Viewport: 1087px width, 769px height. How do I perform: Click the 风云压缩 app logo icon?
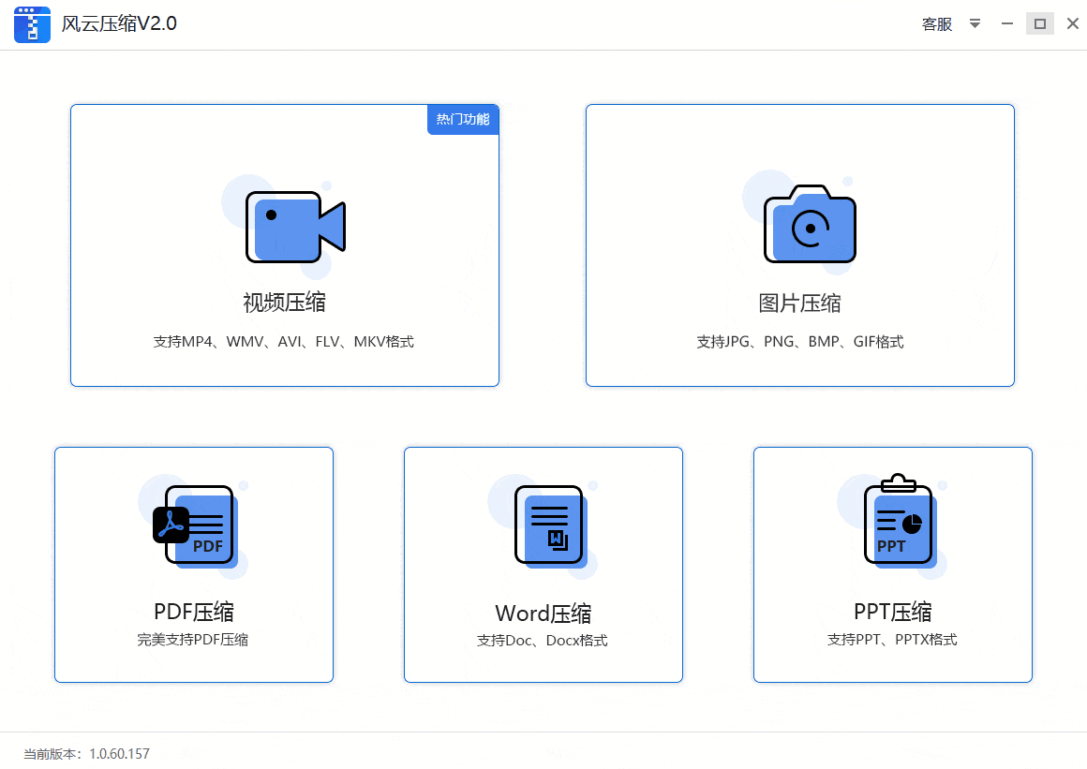(x=32, y=24)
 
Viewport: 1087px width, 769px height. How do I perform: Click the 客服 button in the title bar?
(x=937, y=24)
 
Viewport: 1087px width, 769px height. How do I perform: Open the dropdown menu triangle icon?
(x=975, y=23)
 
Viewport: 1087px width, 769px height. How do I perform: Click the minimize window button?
(x=1007, y=23)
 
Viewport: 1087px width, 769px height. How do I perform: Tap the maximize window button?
(x=1040, y=23)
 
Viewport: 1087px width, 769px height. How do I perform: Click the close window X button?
(x=1073, y=23)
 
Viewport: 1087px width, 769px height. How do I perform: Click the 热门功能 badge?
(x=463, y=120)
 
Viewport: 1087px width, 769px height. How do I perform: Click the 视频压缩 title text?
(x=284, y=303)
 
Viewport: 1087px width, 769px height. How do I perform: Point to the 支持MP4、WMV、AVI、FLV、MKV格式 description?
(x=284, y=342)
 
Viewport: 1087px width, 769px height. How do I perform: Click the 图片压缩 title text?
(x=799, y=303)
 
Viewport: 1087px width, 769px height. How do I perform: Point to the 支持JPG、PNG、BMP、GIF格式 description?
(x=799, y=342)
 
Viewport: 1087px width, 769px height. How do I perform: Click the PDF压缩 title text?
(x=194, y=613)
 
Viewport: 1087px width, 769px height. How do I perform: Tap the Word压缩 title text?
(x=543, y=614)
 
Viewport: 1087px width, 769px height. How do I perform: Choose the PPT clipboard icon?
(x=898, y=521)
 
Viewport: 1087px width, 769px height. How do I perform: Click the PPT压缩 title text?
(x=893, y=613)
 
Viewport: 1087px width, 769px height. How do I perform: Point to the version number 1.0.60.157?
(x=119, y=754)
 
